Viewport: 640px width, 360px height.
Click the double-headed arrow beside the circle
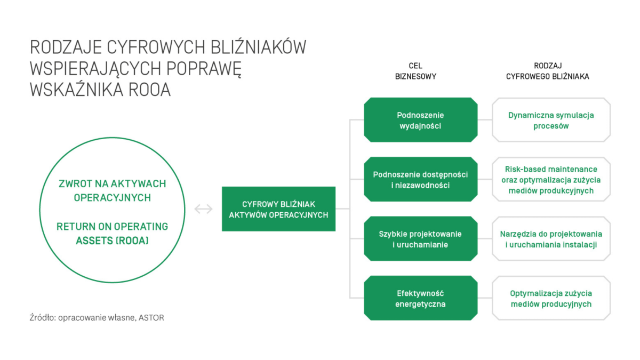click(x=203, y=209)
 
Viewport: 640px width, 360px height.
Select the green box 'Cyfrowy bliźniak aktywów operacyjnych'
click(x=278, y=209)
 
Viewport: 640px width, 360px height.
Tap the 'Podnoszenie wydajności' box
click(x=421, y=120)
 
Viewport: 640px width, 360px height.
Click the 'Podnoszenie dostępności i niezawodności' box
click(x=421, y=179)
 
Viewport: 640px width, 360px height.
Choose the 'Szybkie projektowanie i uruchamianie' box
click(x=421, y=239)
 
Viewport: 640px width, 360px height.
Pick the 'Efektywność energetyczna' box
click(x=421, y=298)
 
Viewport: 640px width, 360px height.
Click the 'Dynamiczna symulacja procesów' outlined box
click(x=551, y=120)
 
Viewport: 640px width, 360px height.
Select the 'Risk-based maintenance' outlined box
click(x=551, y=179)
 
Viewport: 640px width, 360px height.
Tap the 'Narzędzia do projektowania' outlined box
click(x=551, y=239)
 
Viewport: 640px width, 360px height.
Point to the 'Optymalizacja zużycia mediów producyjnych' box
click(x=551, y=298)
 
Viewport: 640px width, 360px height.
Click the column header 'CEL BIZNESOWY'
click(x=415, y=71)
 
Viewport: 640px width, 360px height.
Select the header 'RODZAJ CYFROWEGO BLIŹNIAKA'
click(x=548, y=71)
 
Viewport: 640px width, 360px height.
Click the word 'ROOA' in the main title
click(x=149, y=90)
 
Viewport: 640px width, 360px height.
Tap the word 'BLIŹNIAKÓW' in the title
click(x=259, y=47)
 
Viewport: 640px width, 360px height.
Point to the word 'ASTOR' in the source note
click(x=151, y=318)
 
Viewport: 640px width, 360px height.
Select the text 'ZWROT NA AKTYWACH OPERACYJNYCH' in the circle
click(x=113, y=190)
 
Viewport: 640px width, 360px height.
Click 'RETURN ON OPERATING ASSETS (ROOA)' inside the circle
click(x=113, y=234)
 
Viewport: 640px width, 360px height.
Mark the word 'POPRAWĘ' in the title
click(x=204, y=69)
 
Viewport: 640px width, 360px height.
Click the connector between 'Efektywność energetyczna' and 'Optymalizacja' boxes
click(x=485, y=298)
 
